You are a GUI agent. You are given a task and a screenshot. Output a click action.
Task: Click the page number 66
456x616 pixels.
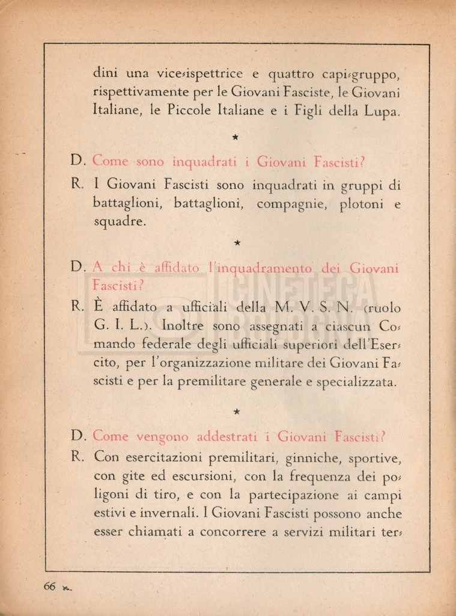(49, 587)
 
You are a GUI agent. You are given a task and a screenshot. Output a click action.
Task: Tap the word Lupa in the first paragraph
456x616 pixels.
(382, 111)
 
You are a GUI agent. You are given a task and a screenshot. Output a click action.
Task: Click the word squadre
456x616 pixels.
(120, 223)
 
